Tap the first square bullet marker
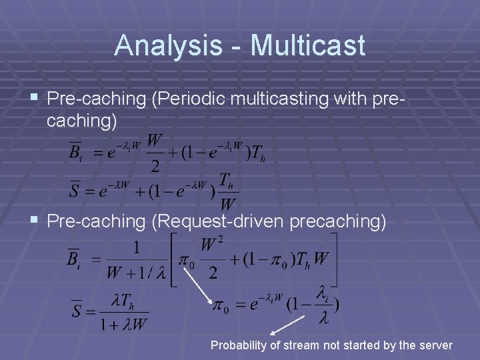[x=34, y=99]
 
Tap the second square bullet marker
[x=34, y=221]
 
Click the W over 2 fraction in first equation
[x=154, y=152]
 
